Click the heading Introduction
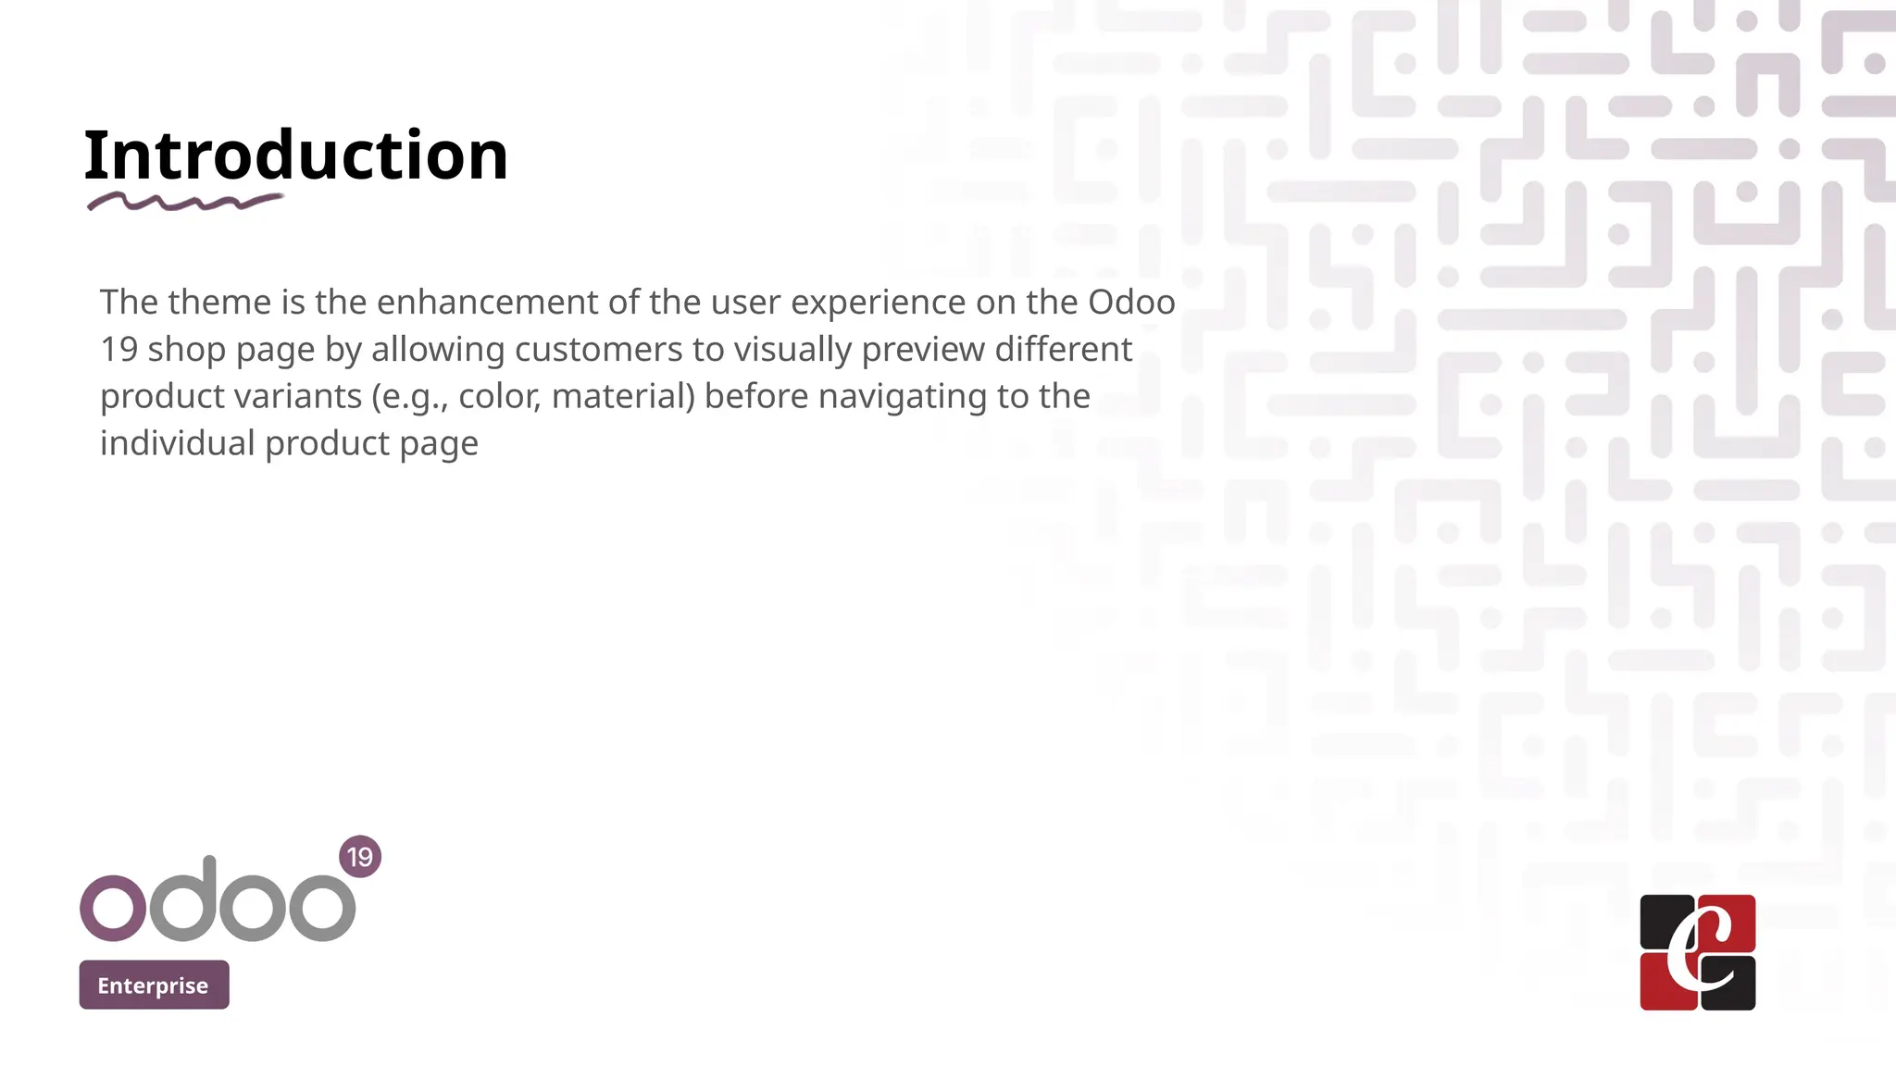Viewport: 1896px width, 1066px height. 295,155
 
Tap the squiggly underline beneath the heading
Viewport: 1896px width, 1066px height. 184,202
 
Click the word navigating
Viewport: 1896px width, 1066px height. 903,397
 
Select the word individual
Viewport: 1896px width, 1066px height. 177,443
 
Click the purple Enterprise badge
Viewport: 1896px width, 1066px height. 154,985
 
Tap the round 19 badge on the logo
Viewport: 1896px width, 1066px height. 360,857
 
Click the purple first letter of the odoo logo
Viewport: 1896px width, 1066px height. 113,908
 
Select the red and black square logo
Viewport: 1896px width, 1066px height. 1697,952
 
